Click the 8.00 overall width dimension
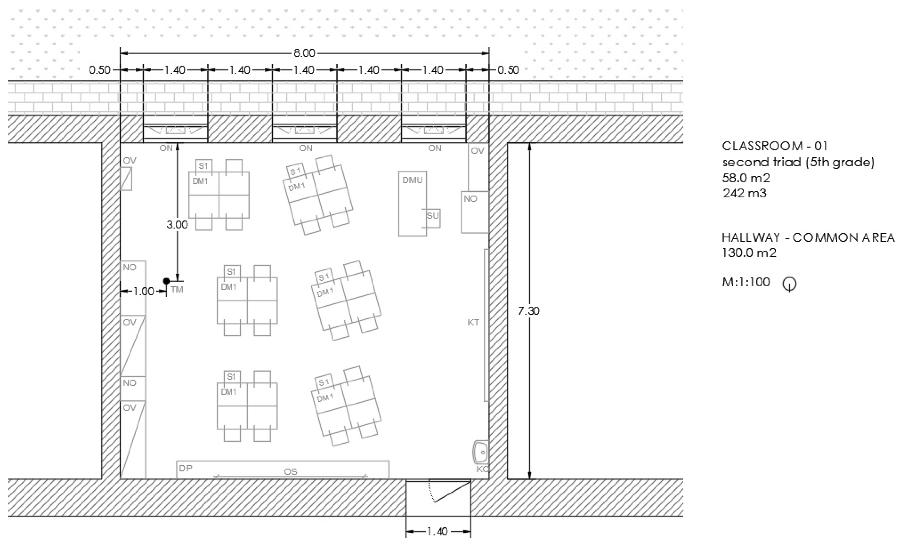[x=304, y=53]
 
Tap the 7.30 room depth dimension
[x=529, y=311]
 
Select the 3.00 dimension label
[x=177, y=225]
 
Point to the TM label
[x=177, y=290]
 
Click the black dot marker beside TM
[x=166, y=281]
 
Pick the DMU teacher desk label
[x=412, y=180]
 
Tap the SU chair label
[x=432, y=215]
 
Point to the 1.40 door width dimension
[x=438, y=531]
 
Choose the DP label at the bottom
[x=185, y=468]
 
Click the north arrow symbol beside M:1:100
[x=790, y=284]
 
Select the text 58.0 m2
[x=746, y=178]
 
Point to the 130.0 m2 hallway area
[x=749, y=252]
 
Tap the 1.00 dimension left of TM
[x=143, y=291]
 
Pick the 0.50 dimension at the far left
[x=100, y=70]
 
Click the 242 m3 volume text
[x=744, y=193]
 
